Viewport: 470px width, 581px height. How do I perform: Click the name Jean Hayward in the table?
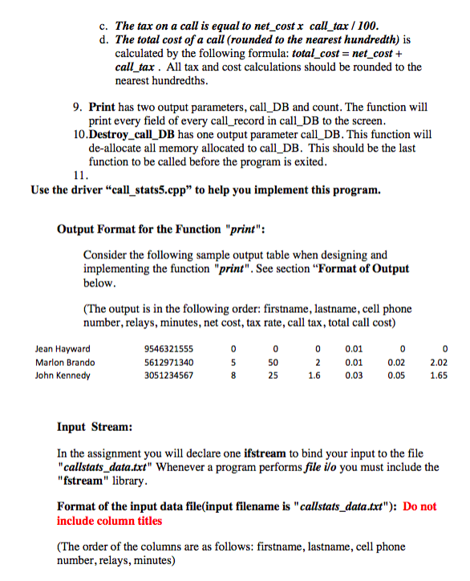[63, 349]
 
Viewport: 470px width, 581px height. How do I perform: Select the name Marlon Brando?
[65, 362]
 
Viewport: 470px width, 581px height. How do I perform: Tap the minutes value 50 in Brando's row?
[273, 362]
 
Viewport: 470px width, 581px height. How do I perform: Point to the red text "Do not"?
[420, 506]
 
